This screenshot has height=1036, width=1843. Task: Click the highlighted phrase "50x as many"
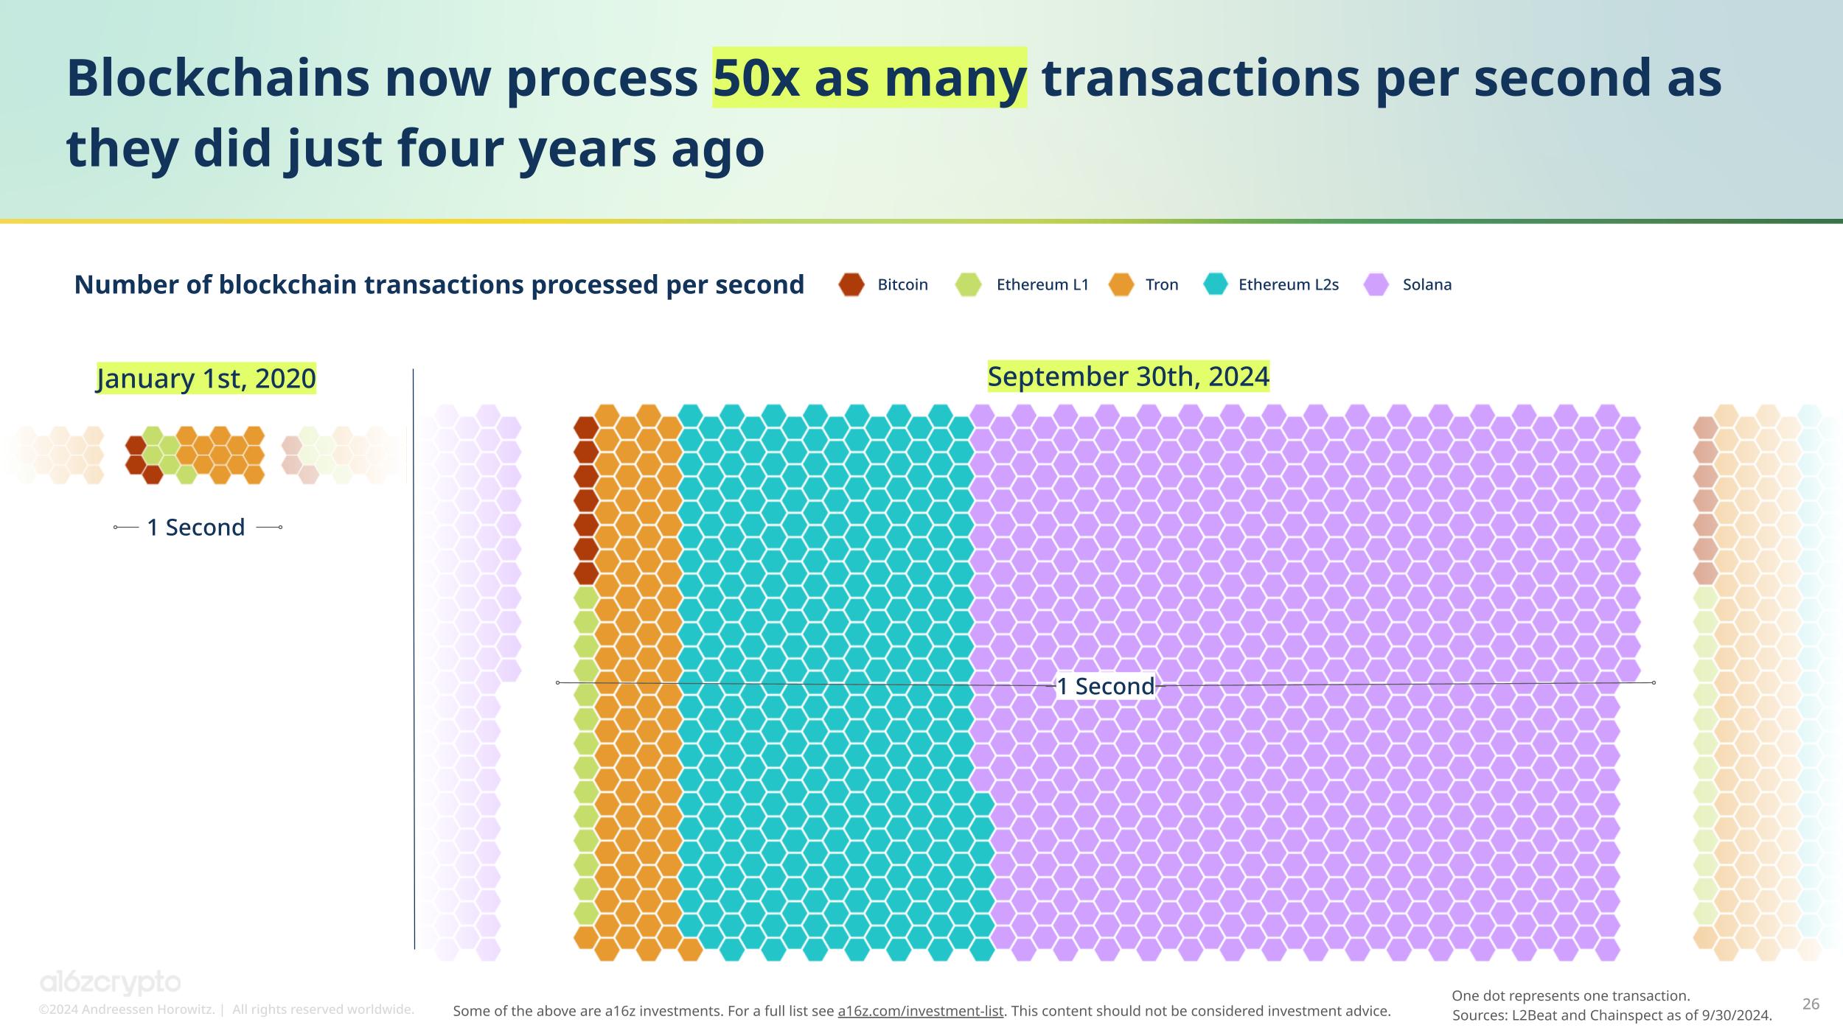(x=869, y=77)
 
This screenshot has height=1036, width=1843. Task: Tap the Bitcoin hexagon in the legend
(x=851, y=284)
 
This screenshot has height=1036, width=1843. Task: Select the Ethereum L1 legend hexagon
(x=968, y=284)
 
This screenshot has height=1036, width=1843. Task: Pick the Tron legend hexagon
(x=1121, y=284)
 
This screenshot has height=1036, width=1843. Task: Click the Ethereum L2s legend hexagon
(x=1215, y=284)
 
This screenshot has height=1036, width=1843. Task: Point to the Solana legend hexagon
(x=1376, y=284)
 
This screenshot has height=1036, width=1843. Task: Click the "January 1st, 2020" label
(x=206, y=379)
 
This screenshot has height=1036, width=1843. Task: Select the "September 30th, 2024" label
(x=1128, y=377)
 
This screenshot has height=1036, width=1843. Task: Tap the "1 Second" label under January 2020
(x=196, y=528)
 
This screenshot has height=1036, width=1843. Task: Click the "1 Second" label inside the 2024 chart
(x=1106, y=686)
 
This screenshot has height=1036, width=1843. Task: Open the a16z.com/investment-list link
(x=920, y=1011)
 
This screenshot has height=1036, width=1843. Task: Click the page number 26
(x=1811, y=1004)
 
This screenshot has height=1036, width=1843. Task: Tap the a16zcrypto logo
(x=110, y=983)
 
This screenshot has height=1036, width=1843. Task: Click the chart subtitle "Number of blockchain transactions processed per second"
(x=439, y=284)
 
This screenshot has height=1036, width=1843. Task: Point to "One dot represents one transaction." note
(x=1570, y=996)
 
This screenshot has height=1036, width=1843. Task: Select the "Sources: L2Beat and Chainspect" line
(x=1612, y=1015)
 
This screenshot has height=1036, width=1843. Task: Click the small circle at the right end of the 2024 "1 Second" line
(x=1654, y=683)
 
